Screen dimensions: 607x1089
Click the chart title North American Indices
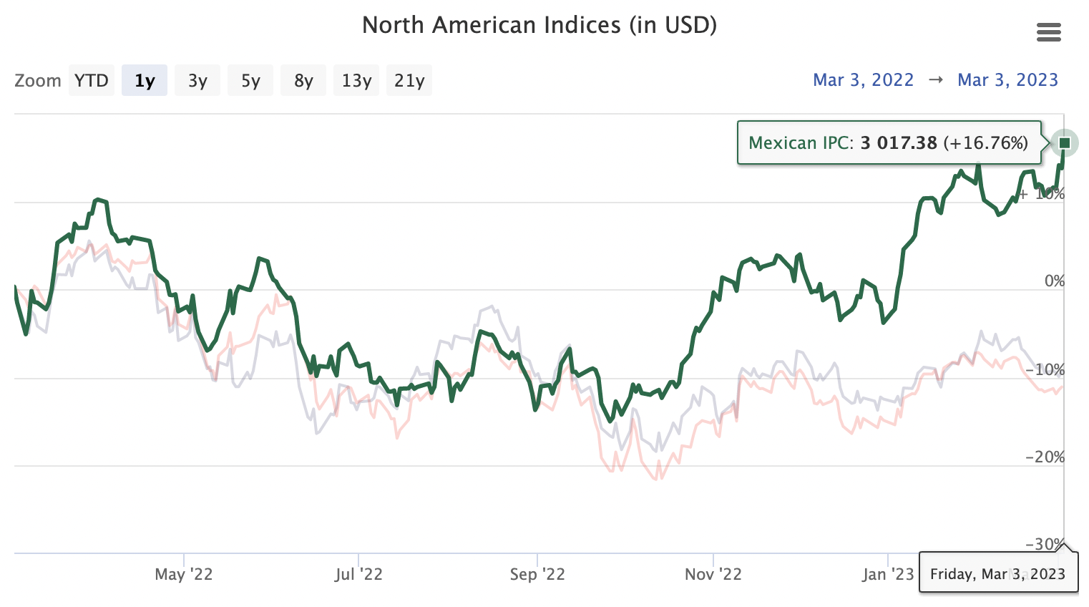tap(539, 25)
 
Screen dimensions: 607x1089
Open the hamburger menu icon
tap(1048, 32)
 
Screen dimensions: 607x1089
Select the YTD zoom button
tap(92, 80)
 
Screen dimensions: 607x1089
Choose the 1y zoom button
tap(145, 80)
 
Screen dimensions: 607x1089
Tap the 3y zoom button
tap(197, 80)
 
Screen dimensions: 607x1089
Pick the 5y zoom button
tap(250, 80)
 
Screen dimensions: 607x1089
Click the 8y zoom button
tap(303, 80)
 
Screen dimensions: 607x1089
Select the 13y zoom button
tap(356, 80)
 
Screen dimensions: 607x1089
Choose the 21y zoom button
tap(409, 80)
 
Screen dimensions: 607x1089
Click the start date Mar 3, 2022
tap(863, 80)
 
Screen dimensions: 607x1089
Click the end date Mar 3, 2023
tap(1007, 80)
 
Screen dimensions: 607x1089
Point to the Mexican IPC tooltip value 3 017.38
tap(899, 143)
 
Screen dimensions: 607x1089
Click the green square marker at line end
tap(1065, 143)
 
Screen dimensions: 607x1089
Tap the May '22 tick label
tap(184, 574)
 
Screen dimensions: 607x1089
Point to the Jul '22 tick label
tap(358, 574)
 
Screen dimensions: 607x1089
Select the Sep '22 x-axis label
tap(537, 574)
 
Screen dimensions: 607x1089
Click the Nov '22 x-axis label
tap(713, 574)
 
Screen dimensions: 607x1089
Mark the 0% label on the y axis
tap(1054, 281)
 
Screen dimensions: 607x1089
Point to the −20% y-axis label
tap(1045, 457)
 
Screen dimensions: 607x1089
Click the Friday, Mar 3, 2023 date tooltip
tap(997, 574)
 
